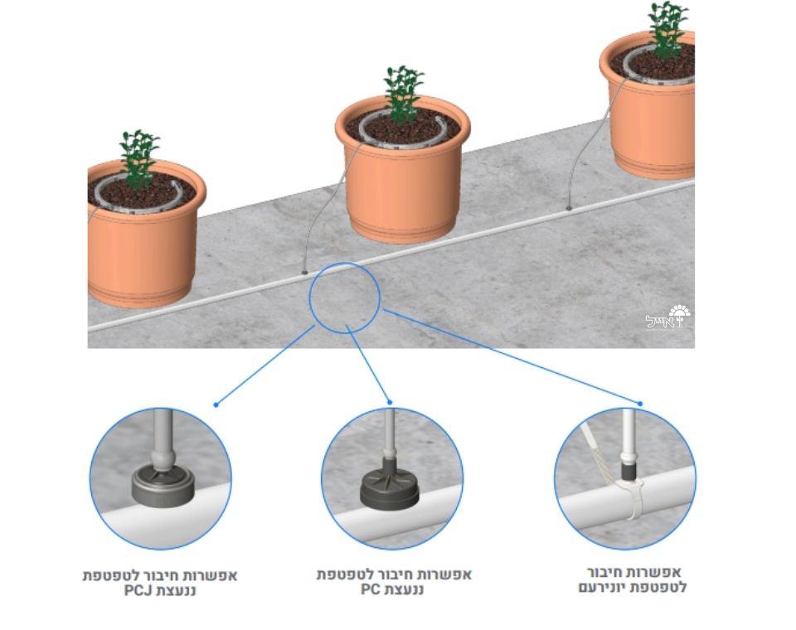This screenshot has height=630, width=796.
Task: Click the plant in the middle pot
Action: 404,94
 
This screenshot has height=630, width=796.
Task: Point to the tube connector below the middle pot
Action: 304,272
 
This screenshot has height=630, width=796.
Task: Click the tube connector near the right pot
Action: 569,208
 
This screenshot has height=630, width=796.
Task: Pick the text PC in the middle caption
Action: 371,590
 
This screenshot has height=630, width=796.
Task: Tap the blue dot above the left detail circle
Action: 216,405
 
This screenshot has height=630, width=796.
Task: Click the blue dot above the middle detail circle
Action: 390,402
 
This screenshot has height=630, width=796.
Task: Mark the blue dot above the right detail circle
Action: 640,404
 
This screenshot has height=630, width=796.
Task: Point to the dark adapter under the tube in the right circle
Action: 629,470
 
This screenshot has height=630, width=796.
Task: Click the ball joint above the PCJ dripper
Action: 163,459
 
